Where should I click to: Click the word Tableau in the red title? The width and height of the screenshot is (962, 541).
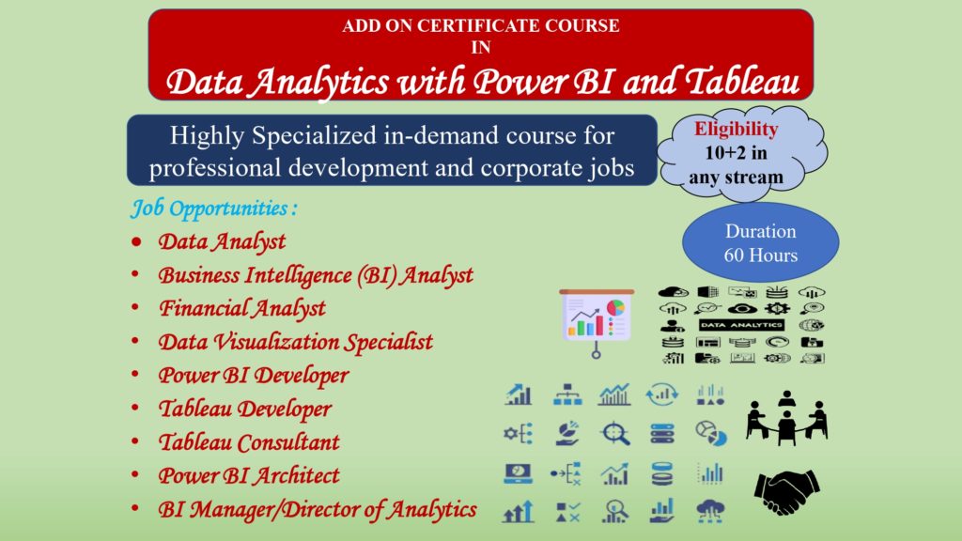click(x=742, y=82)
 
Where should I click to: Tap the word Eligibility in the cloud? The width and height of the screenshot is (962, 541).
click(x=736, y=130)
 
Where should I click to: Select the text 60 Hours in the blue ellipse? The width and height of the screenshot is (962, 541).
click(x=761, y=255)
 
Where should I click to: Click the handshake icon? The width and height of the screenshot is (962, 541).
click(x=786, y=491)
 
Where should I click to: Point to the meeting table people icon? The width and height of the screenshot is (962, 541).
click(x=787, y=418)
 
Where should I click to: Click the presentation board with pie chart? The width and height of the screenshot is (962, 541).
click(x=597, y=321)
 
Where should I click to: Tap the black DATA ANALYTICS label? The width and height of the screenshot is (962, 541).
click(x=741, y=325)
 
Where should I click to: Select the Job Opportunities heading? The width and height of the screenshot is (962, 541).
click(x=214, y=209)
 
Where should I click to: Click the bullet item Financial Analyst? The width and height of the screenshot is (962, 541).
click(x=242, y=308)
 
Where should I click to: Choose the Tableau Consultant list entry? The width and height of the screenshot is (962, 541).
click(x=249, y=441)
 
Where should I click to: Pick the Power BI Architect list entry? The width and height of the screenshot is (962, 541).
click(x=249, y=475)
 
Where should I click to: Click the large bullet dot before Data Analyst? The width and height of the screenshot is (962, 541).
click(x=136, y=241)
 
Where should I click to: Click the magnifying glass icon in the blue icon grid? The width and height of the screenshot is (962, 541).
click(x=614, y=434)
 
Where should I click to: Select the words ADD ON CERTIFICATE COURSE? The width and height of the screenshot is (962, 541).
click(x=481, y=25)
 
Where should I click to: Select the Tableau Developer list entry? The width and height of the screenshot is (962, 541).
click(x=245, y=409)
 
